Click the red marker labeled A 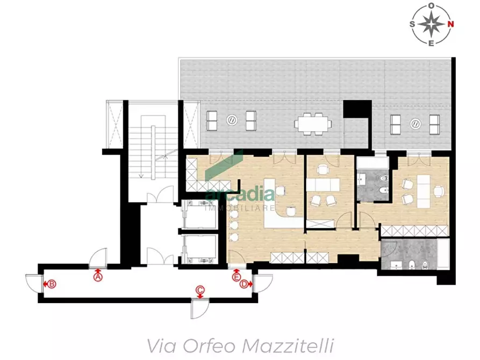click(x=98, y=277)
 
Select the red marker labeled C click(x=200, y=291)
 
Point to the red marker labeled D click(x=244, y=284)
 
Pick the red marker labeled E click(x=236, y=277)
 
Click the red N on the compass click(x=451, y=24)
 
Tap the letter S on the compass click(x=412, y=24)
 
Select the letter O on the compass click(x=431, y=5)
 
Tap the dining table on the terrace click(x=311, y=123)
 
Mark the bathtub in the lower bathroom click(x=441, y=257)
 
